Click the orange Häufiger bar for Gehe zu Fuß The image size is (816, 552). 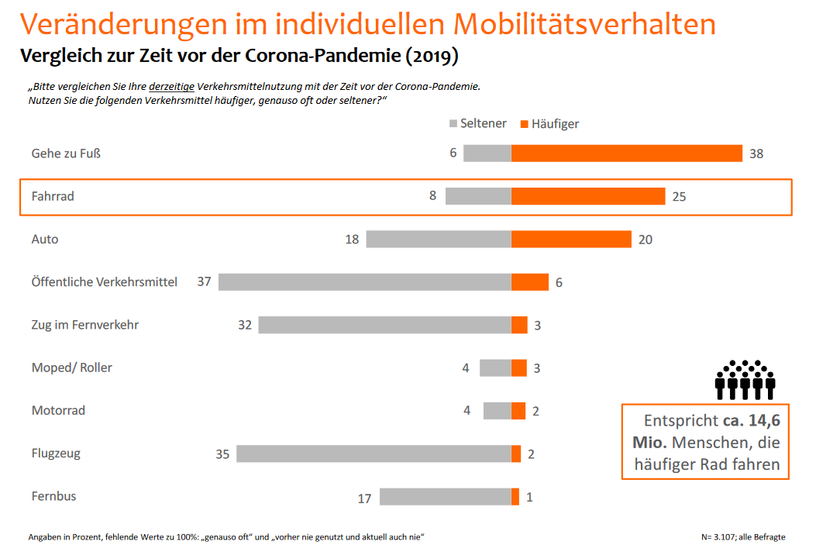[x=626, y=154]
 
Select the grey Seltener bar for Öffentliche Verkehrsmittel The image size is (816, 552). [x=364, y=282]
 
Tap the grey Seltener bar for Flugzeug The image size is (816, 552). [x=374, y=454]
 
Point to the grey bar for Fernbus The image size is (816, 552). [x=445, y=497]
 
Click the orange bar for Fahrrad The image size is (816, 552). [x=587, y=196]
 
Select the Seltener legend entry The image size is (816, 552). [x=477, y=124]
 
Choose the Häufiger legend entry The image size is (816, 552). [x=549, y=124]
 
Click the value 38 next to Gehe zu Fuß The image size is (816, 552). [x=756, y=154]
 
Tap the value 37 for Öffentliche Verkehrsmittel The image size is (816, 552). [x=204, y=281]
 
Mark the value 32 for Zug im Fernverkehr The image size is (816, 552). [x=245, y=325]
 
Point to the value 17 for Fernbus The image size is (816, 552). [x=364, y=499]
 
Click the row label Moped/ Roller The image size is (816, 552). [x=71, y=367]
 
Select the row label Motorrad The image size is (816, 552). [x=58, y=410]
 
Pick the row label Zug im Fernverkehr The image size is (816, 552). [x=84, y=325]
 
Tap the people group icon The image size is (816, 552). [x=745, y=380]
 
